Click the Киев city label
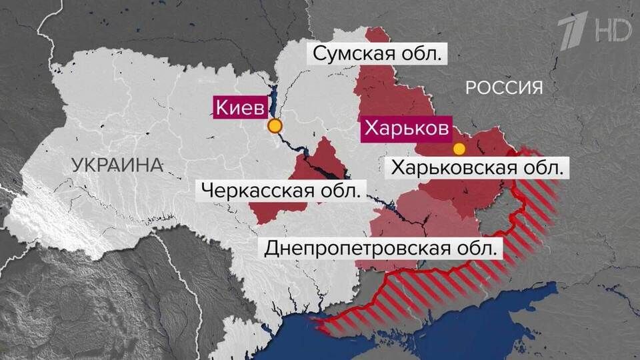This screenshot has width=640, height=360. pos(241,107)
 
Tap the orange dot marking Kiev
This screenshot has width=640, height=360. pos(275,126)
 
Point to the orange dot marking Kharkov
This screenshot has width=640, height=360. pos(459,149)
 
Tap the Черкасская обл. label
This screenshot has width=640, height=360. pos(280,191)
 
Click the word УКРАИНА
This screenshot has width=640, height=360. pos(117,165)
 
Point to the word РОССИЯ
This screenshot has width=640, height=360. pos(504,87)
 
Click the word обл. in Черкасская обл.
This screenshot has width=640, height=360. pos(340,191)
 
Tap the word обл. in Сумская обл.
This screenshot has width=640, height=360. pos(423,54)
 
